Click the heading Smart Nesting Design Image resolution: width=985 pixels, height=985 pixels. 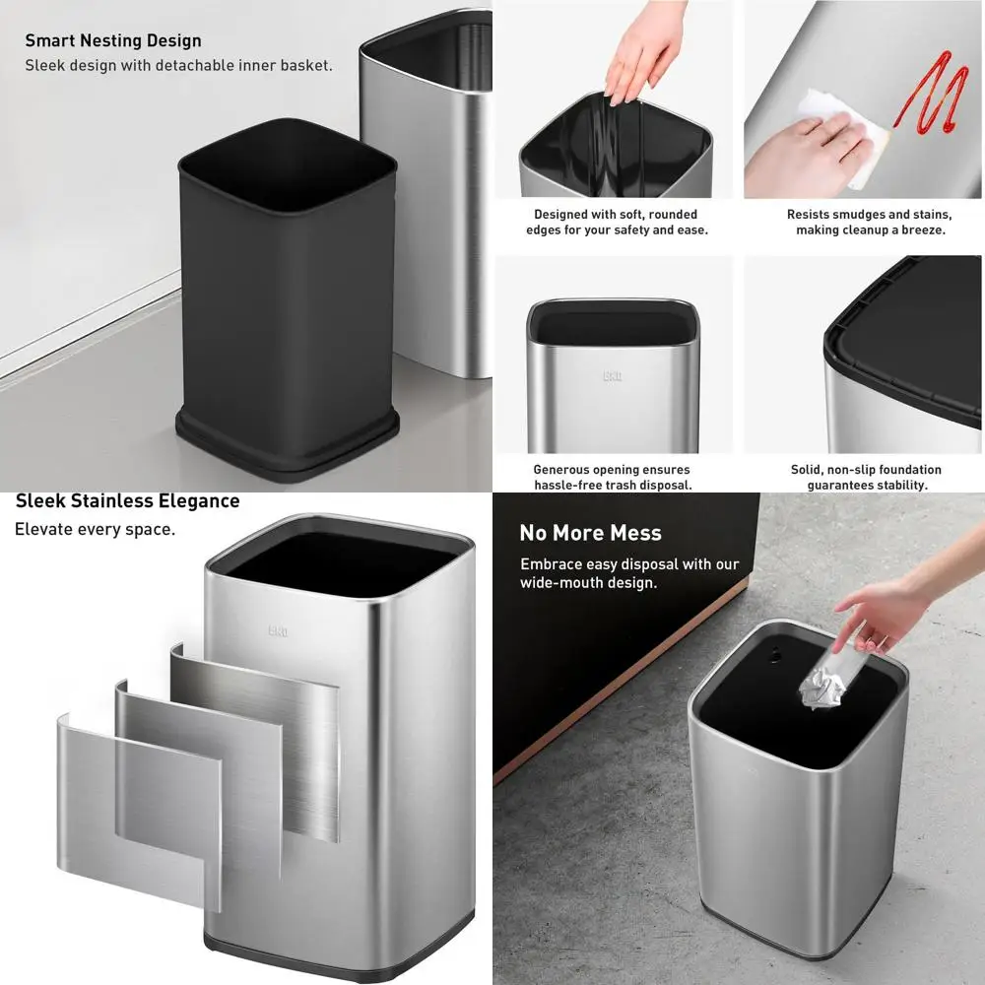tap(112, 40)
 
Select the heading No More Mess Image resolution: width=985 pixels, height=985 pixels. tap(590, 533)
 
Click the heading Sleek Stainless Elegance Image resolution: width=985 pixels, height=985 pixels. tap(127, 500)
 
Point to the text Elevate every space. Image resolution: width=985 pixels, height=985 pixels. tap(95, 529)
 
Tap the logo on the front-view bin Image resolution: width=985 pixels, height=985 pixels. tap(612, 375)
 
